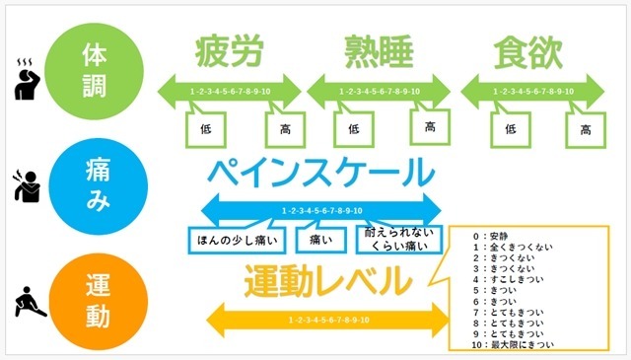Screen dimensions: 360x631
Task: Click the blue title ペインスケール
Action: coord(321,174)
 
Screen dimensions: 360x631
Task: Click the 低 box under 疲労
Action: coord(205,128)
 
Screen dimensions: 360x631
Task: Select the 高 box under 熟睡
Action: coord(430,127)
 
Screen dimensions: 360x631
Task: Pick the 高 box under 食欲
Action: coord(586,128)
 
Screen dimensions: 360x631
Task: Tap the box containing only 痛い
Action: coord(320,239)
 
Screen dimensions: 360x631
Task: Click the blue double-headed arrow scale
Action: coord(321,209)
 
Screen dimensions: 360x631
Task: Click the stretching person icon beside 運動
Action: coord(30,298)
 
